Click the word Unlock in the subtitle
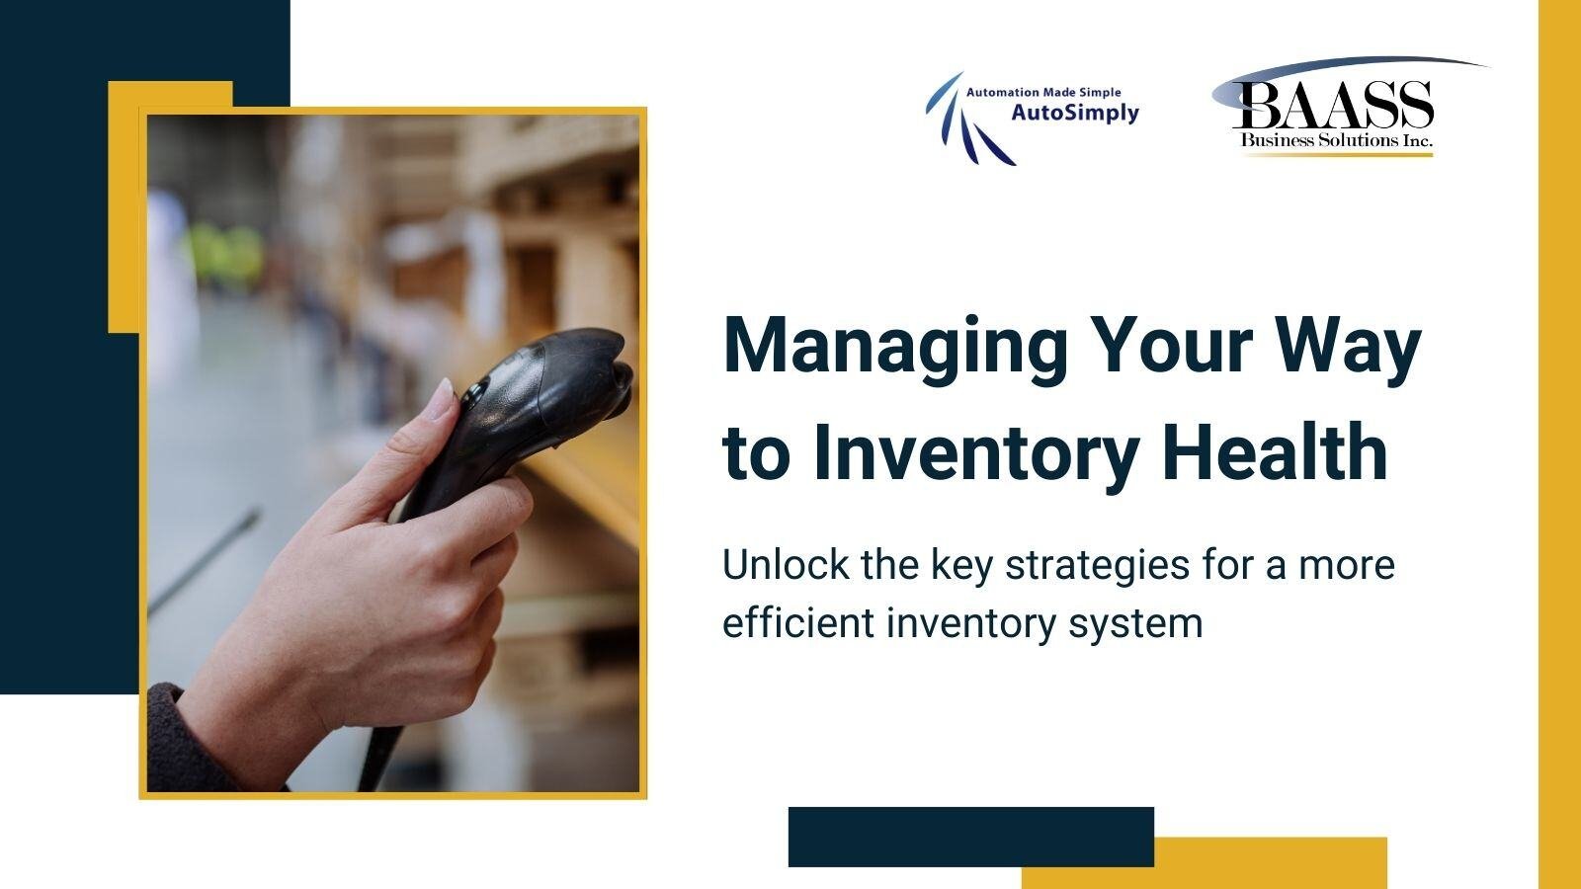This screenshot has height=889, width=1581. coord(772,565)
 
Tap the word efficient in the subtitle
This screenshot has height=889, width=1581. coord(796,623)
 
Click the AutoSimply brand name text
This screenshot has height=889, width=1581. coord(1075,113)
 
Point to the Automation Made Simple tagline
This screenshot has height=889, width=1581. coord(1043,92)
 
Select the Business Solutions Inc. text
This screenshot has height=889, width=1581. coord(1336,141)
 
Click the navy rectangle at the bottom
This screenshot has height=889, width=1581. coord(970,836)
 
